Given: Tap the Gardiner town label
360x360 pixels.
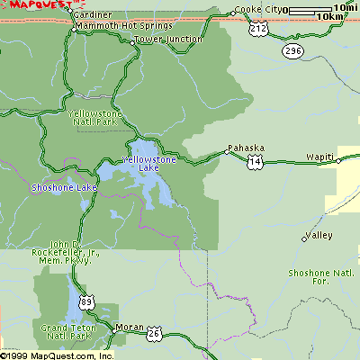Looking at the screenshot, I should point(93,15).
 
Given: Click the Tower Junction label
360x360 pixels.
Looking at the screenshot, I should point(168,40).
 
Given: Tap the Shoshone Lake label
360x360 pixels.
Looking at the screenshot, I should point(63,187).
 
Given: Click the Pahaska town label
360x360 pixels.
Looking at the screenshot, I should point(244,147).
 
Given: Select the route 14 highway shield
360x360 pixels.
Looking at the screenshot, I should point(256,162).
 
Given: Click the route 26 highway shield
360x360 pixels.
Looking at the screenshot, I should point(154,332).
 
